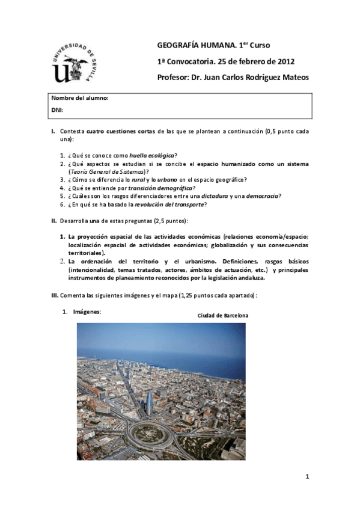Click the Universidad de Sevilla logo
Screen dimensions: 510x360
[x=75, y=62]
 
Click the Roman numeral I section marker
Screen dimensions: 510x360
[x=53, y=131]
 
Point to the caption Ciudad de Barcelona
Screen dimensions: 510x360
[x=223, y=316]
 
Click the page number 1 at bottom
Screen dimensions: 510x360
[x=307, y=477]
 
